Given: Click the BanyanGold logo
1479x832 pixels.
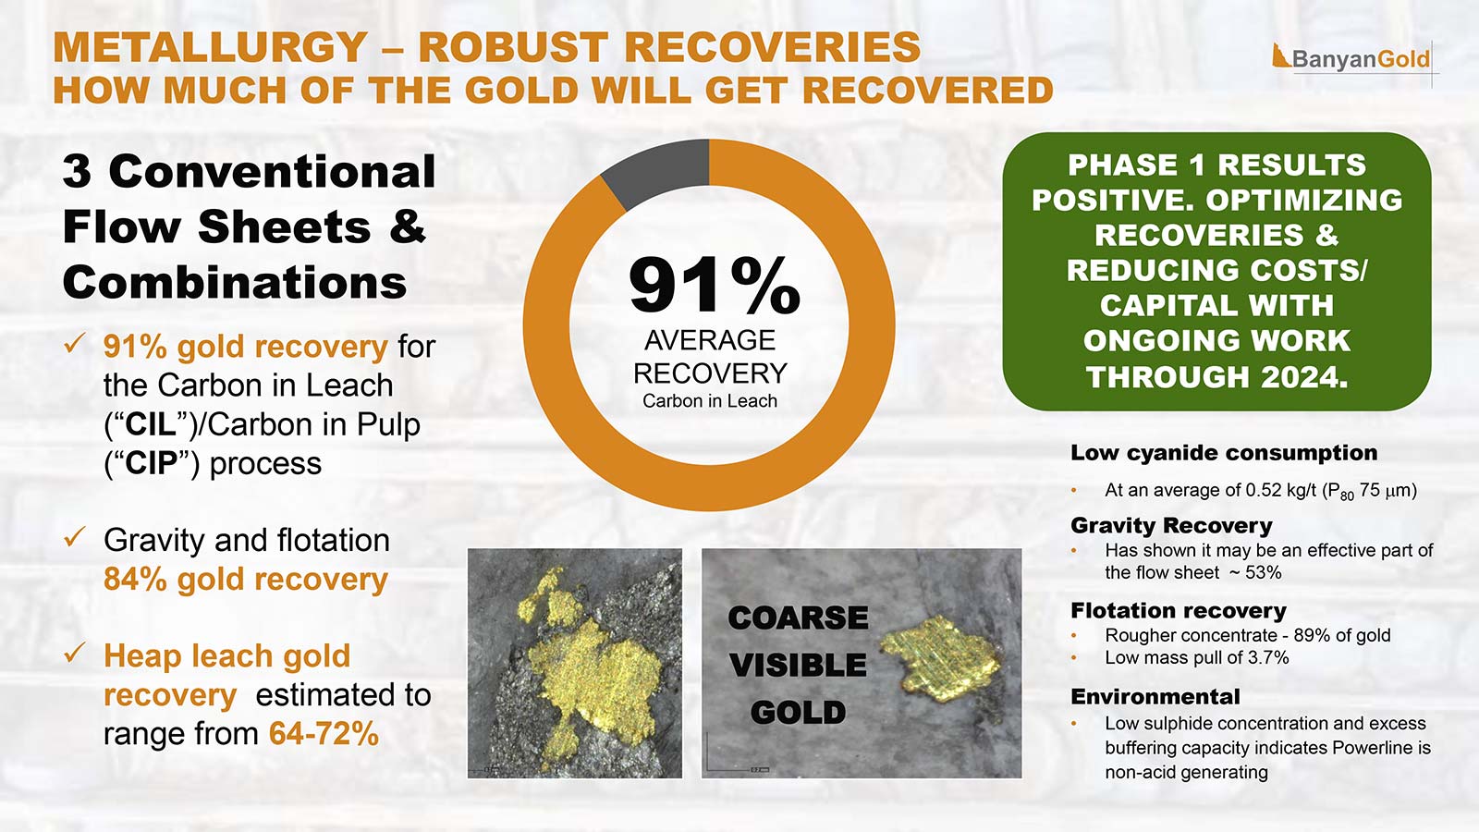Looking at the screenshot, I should coord(1351,59).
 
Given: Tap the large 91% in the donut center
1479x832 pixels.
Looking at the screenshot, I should coord(714,285).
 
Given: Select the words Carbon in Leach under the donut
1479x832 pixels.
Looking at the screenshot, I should coord(709,401).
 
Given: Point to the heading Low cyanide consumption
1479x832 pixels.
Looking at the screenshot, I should coord(1223,453).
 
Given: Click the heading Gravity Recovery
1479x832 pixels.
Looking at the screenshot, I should coord(1171,526).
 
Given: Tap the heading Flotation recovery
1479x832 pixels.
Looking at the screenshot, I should coord(1178,611).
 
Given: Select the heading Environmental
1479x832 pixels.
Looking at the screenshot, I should coord(1155,697).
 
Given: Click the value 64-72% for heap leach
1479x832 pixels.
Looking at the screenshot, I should coord(324,734).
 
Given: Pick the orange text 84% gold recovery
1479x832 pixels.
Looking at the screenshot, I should coord(245,580).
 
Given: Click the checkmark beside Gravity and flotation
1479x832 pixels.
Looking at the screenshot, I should coord(75,537).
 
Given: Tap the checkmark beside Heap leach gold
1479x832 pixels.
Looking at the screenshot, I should coord(75,654).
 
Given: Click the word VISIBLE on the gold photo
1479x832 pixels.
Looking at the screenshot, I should coord(798,665).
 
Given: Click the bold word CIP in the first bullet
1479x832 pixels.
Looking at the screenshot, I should coord(151,463).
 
